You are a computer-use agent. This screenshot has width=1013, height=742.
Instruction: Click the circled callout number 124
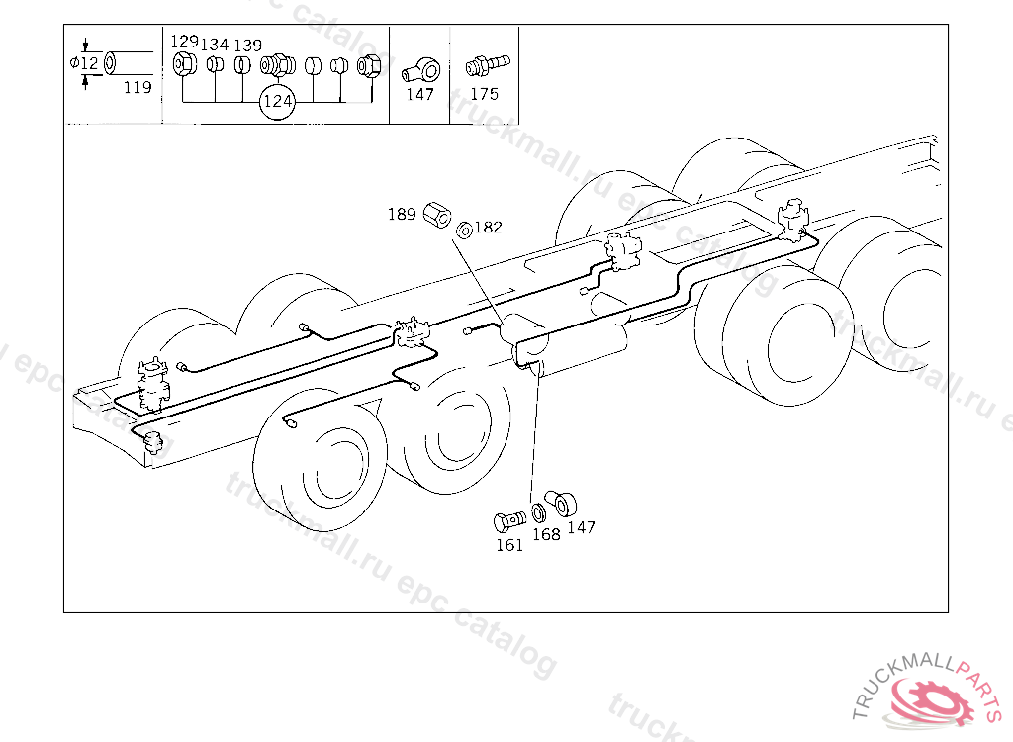[x=278, y=102]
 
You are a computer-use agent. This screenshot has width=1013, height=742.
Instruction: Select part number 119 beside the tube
[x=138, y=87]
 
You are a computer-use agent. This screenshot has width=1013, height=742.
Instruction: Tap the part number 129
[x=184, y=42]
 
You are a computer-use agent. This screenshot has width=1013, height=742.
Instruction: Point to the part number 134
[x=215, y=46]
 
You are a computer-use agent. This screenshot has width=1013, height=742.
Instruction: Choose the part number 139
[x=247, y=46]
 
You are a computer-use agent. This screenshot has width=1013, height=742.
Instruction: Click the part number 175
[x=484, y=94]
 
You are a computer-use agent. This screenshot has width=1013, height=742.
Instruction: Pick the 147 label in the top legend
[x=420, y=94]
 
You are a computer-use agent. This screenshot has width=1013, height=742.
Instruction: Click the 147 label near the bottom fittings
[x=581, y=527]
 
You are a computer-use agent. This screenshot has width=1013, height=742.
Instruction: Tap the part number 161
[x=509, y=545]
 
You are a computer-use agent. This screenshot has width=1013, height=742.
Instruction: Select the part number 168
[x=546, y=534]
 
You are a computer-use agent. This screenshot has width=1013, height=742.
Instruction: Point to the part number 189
[x=401, y=214]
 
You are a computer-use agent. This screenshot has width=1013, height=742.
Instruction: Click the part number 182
[x=488, y=227]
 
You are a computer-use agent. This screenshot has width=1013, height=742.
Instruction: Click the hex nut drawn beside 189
[x=435, y=213]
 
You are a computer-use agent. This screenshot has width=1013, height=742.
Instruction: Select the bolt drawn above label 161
[x=508, y=520]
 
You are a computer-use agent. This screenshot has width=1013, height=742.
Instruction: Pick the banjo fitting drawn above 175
[x=485, y=65]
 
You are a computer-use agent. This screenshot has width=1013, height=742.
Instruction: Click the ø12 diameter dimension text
[x=85, y=63]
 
